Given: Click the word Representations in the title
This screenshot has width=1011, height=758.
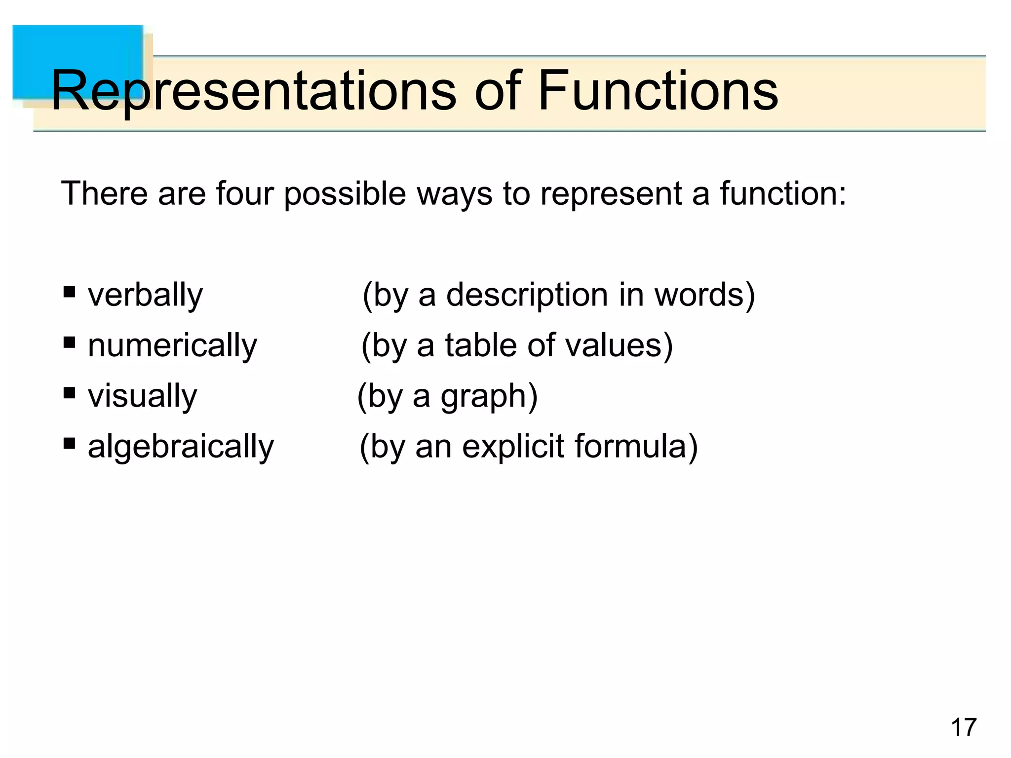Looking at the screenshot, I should coord(253,91).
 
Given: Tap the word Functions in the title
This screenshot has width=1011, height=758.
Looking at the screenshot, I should coord(658,91).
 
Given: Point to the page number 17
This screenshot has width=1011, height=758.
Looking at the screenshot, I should coord(963,727).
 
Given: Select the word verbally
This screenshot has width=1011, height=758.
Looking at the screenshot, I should coord(145,295).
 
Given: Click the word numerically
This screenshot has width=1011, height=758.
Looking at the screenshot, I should coord(172,345).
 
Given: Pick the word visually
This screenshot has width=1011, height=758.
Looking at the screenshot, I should coord(142,396).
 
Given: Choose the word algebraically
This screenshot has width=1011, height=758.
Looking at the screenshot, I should coord(181,446).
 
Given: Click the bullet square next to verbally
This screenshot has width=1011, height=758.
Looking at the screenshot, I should coord(69,292).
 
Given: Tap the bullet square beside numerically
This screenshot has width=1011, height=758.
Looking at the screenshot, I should coord(69,342).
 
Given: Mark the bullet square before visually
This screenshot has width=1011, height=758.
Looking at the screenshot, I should coord(69,393).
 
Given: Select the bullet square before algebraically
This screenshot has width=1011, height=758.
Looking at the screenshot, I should coord(69,443).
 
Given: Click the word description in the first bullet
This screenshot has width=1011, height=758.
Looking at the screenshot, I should coord(527,295).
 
